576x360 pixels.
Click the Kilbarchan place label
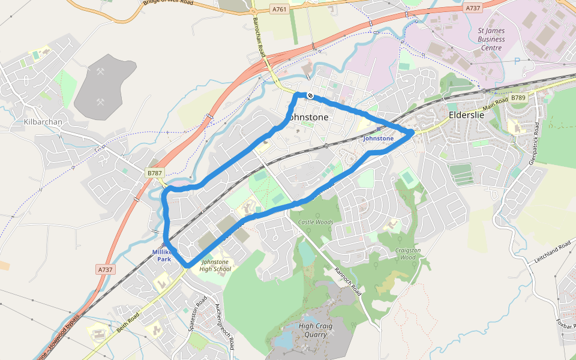coord(43,122)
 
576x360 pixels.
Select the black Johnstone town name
coord(308,117)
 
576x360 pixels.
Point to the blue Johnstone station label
coord(379,139)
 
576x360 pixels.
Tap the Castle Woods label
coord(316,223)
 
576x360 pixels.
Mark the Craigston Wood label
coord(408,253)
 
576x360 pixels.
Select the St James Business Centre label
coord(491,39)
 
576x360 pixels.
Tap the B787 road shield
coord(155,173)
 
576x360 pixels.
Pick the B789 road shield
coord(518,97)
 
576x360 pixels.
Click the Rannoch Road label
coord(348,281)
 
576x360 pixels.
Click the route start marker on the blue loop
coord(310,95)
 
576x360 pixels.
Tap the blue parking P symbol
coord(517,61)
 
